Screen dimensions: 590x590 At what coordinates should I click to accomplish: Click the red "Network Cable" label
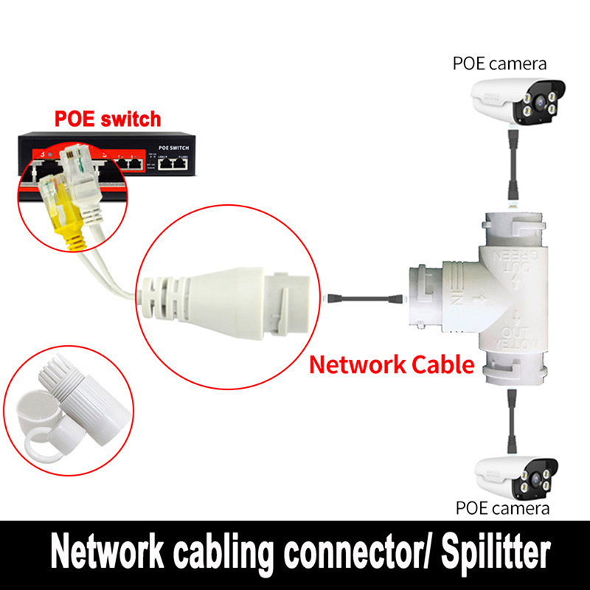[391, 364]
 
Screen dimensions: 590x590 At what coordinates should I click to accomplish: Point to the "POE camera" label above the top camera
[499, 63]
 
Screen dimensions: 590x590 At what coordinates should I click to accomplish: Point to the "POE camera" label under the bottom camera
[502, 509]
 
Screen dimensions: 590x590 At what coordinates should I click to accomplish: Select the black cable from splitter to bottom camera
[510, 420]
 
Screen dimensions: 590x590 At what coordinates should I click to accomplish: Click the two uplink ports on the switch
[174, 165]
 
